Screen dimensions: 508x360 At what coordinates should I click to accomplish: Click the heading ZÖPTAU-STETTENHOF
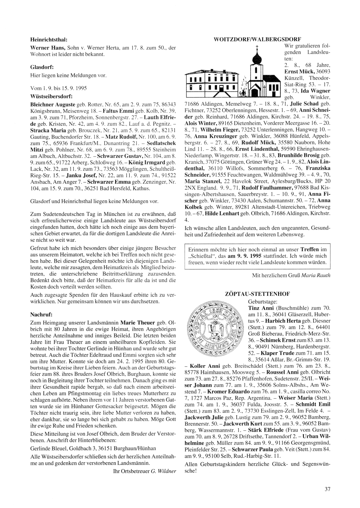tap(257, 294)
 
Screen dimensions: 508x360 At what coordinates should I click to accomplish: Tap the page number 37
tap(327, 489)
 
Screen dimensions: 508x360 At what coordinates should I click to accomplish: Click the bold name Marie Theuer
tap(138, 322)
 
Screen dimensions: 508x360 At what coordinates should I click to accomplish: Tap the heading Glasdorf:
tap(42, 67)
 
